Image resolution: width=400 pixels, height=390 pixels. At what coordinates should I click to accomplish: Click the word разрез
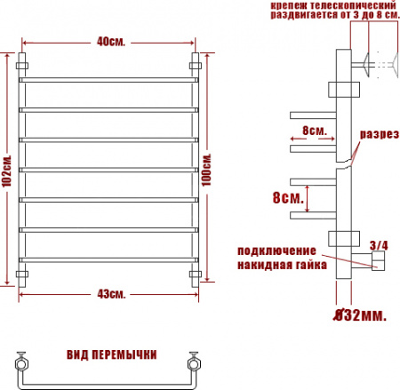click(377, 135)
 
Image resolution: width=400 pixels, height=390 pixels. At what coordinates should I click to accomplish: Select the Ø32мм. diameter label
click(360, 314)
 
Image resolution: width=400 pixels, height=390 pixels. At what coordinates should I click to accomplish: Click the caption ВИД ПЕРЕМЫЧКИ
click(112, 354)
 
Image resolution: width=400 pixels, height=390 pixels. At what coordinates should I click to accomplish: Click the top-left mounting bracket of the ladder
click(23, 65)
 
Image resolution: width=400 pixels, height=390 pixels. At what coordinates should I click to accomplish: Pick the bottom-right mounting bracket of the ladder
click(197, 272)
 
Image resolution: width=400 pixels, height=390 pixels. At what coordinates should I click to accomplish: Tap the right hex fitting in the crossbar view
click(192, 363)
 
